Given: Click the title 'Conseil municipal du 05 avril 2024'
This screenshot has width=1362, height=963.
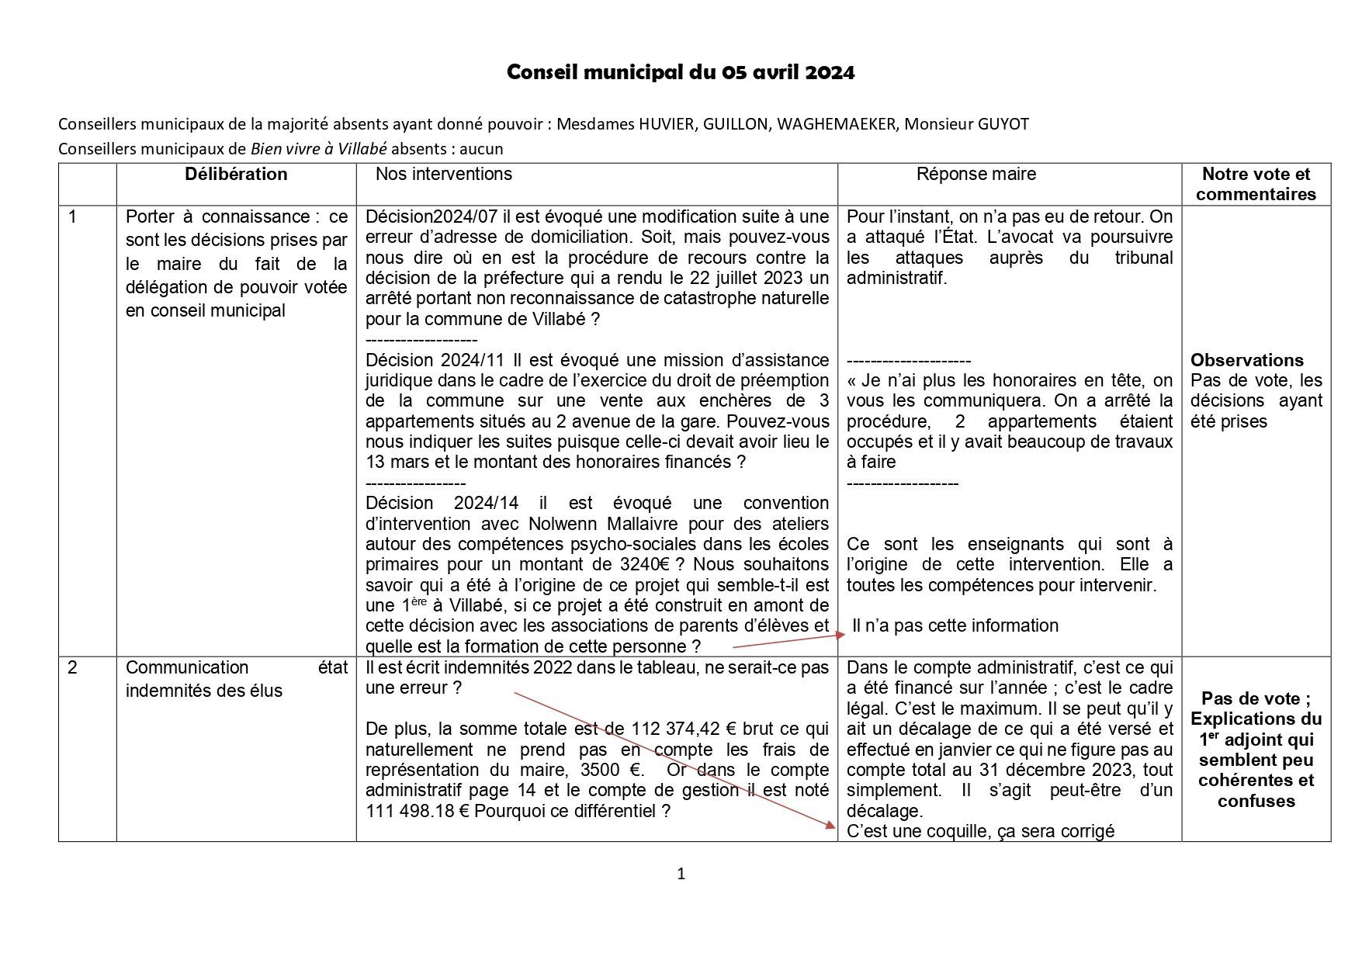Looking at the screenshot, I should click(x=681, y=72).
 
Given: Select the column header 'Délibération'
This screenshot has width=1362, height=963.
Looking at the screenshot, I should click(x=236, y=174).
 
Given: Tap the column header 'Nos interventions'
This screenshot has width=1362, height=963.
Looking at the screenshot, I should click(x=444, y=174).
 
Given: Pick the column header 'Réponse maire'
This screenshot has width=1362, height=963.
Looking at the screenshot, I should click(x=976, y=174).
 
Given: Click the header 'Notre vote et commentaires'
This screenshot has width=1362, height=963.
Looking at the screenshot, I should click(x=1256, y=184).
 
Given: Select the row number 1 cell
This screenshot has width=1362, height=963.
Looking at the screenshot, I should click(x=73, y=217).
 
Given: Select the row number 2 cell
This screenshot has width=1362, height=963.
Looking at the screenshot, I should click(x=73, y=667).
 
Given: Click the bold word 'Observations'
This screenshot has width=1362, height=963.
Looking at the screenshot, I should click(x=1246, y=360).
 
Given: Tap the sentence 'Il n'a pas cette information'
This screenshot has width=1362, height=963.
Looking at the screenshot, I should click(x=955, y=625).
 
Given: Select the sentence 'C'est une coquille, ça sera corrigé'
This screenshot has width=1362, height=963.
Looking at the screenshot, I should click(x=980, y=831).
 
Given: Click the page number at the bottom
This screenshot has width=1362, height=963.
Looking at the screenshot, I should click(x=681, y=874).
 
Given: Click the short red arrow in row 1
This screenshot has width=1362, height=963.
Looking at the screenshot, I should click(x=788, y=640).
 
